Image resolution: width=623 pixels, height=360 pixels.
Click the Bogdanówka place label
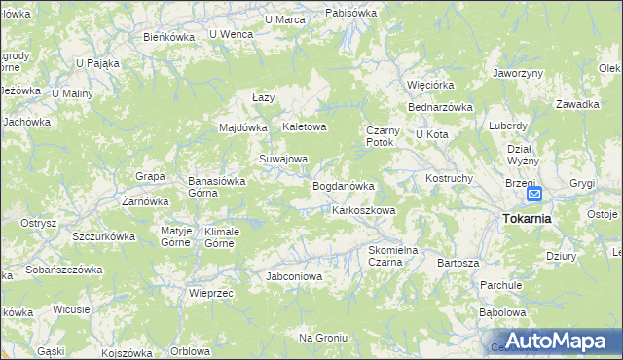pos(343,185)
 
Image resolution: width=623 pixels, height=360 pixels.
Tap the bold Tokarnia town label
pos(527,218)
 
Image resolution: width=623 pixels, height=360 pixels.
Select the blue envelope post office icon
pos(534,194)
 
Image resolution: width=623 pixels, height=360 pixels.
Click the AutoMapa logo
pos(555,342)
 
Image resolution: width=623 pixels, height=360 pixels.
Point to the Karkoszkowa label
pos(363,210)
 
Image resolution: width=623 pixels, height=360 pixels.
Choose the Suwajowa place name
pos(283,159)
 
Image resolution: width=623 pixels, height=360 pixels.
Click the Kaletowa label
pos(305,126)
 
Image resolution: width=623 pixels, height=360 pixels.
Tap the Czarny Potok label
pos(380,135)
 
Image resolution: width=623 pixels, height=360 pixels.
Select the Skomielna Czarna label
pos(392,256)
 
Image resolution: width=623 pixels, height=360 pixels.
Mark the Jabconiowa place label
pos(293,276)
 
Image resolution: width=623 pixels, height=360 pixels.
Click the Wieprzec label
pos(211,292)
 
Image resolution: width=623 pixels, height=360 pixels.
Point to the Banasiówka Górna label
pos(216,186)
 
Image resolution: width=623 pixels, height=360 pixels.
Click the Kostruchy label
pos(449,179)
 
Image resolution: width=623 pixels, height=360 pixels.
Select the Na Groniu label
pos(323,338)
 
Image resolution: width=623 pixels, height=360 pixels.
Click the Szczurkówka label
pos(103,236)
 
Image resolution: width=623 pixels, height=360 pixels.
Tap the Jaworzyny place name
pos(517,73)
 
